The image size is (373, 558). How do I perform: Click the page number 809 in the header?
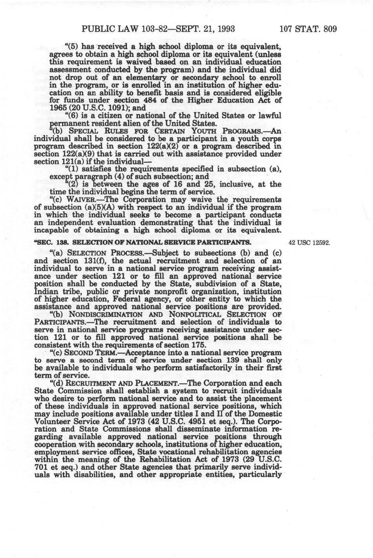pos(328,29)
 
